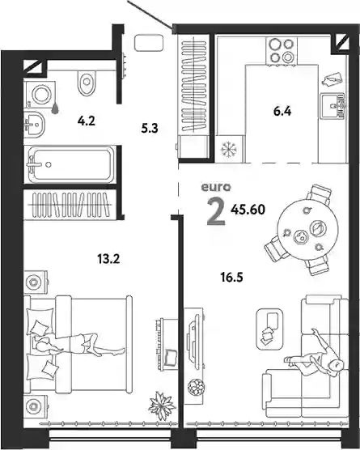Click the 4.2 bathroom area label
(86, 121)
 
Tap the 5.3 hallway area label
(150, 129)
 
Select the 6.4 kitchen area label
(282, 111)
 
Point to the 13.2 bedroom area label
(108, 259)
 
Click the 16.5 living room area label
(232, 278)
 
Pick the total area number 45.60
(248, 210)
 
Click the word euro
(216, 188)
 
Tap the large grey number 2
(216, 211)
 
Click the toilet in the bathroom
(87, 83)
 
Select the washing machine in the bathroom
(40, 94)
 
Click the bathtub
(70, 164)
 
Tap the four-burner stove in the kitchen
(282, 51)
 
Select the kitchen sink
(332, 106)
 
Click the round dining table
(307, 230)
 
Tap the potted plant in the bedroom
(162, 405)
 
